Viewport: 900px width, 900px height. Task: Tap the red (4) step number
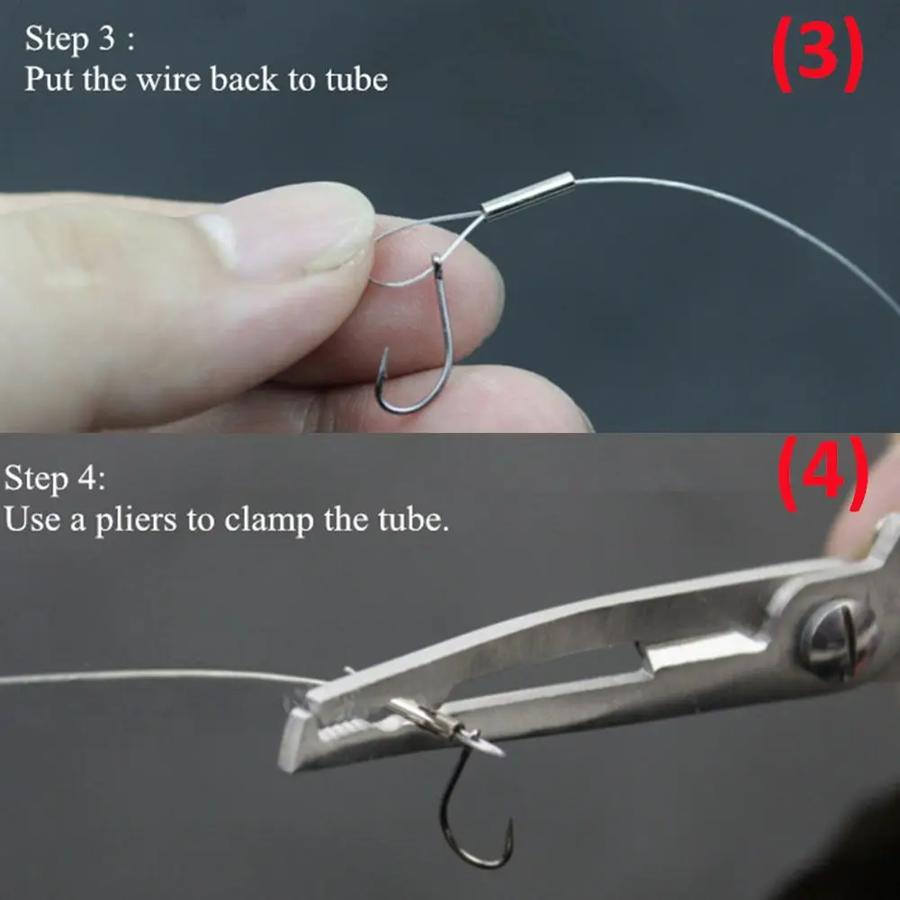pyautogui.click(x=822, y=473)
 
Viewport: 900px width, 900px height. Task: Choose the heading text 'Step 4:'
pyautogui.click(x=55, y=479)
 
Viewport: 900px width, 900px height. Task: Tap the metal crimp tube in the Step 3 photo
pyautogui.click(x=526, y=194)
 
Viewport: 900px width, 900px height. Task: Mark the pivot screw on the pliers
pyautogui.click(x=838, y=638)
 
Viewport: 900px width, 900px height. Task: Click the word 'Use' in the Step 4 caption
pyautogui.click(x=32, y=519)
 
